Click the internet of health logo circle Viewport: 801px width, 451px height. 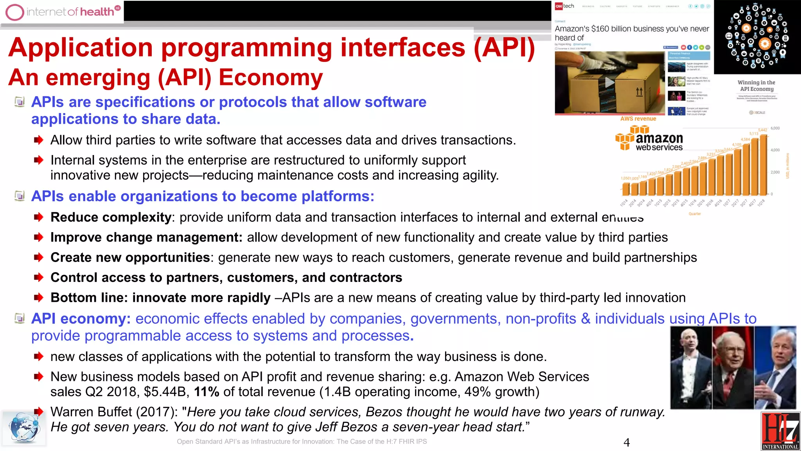(x=15, y=12)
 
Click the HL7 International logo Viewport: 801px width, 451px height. (x=780, y=431)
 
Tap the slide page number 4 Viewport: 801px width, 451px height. (x=627, y=442)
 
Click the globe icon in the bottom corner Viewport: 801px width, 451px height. (x=23, y=428)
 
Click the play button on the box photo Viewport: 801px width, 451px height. (x=610, y=83)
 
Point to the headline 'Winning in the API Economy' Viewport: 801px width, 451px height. (x=756, y=86)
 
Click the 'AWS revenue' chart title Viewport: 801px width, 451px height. (x=638, y=119)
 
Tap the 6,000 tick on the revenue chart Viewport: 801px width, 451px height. (x=775, y=128)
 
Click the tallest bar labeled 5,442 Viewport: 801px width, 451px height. (x=763, y=164)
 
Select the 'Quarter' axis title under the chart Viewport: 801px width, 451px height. (x=695, y=214)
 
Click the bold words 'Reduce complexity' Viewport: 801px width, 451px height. (x=111, y=217)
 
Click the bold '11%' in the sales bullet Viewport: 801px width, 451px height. (x=207, y=392)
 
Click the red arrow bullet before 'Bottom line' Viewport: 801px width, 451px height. (x=38, y=298)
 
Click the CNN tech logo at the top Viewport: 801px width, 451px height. (x=564, y=6)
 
